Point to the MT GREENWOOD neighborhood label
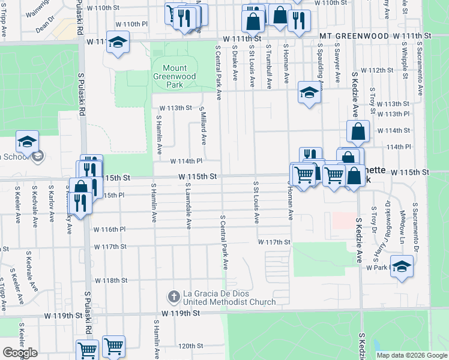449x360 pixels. click(x=353, y=36)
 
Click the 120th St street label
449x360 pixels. click(x=191, y=346)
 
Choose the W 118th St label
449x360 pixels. click(x=111, y=280)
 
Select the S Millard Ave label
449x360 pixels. click(x=203, y=127)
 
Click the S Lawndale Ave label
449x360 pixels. click(x=188, y=206)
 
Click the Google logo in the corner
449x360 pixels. click(x=20, y=353)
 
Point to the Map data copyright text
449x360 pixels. click(x=411, y=355)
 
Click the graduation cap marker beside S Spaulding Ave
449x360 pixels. click(x=309, y=92)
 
